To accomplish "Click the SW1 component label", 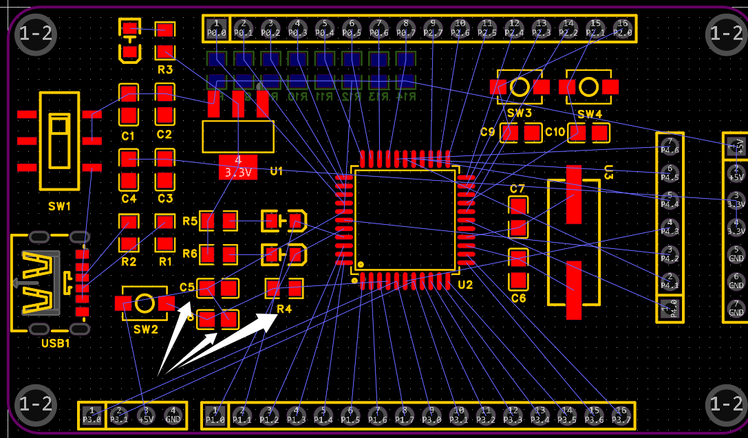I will tap(59, 206).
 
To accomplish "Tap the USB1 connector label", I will tap(55, 343).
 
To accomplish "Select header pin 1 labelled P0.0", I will tap(216, 28).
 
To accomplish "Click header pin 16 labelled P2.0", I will tap(622, 28).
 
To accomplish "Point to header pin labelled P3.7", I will tap(621, 415).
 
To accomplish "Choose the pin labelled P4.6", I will tap(670, 146).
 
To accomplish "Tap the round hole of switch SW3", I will tap(520, 87).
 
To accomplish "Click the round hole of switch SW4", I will tap(588, 87).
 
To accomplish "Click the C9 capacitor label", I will tap(488, 131).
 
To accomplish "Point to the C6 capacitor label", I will tap(518, 298).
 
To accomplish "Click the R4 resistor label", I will tap(284, 309).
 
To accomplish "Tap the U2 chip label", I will tap(465, 285).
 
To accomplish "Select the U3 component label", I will tap(608, 172).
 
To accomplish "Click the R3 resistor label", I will tap(165, 70).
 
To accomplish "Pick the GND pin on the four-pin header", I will tap(173, 415).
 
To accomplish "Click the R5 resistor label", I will tap(190, 221).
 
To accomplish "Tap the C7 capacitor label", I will tap(517, 188).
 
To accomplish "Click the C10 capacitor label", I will tap(555, 131).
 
